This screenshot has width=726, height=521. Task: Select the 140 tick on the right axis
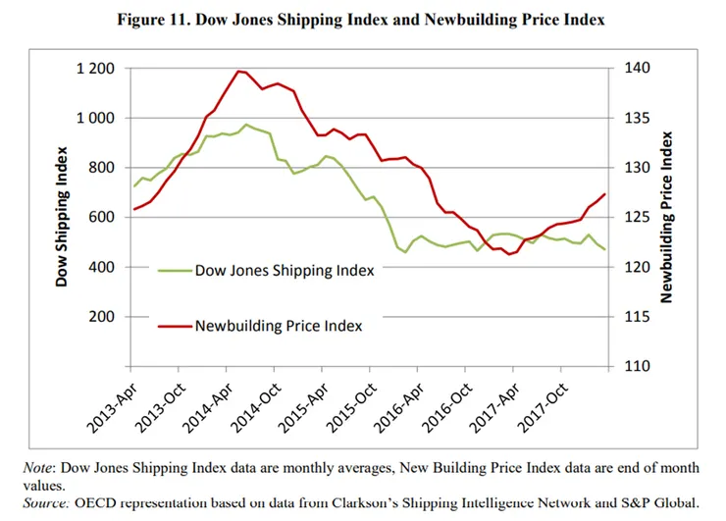pyautogui.click(x=638, y=69)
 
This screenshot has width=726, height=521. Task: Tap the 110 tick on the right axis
pyautogui.click(x=638, y=367)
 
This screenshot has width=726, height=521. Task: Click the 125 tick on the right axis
pyautogui.click(x=638, y=218)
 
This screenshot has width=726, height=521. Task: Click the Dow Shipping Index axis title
pyautogui.click(x=63, y=217)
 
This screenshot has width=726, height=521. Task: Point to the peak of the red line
pyautogui.click(x=238, y=71)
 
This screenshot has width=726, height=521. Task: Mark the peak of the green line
pyautogui.click(x=246, y=125)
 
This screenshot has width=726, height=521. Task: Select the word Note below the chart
pyautogui.click(x=39, y=468)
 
